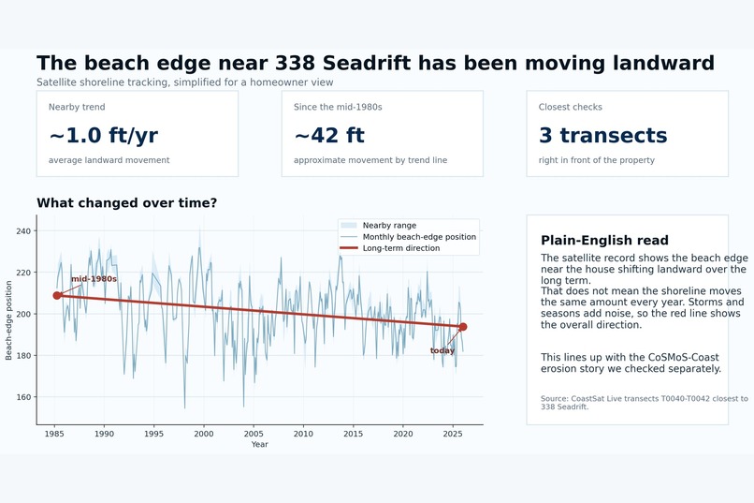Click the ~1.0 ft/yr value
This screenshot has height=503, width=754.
click(104, 135)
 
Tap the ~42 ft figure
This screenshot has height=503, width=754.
click(329, 135)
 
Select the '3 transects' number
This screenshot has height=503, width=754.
click(603, 135)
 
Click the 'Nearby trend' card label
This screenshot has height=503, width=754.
click(77, 107)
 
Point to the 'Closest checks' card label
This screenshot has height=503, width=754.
click(571, 107)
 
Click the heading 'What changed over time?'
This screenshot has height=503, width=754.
click(127, 202)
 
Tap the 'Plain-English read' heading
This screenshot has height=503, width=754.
click(604, 240)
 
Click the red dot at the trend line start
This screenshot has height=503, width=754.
click(57, 295)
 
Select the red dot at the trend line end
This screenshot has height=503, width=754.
click(462, 327)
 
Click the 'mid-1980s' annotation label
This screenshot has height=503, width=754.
click(94, 279)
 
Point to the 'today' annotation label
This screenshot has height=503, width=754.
click(442, 350)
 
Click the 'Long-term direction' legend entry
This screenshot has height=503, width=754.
click(390, 248)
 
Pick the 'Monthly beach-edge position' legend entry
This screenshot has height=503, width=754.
click(408, 237)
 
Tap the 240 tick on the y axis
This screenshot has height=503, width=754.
click(23, 231)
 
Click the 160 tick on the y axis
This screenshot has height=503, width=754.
click(23, 397)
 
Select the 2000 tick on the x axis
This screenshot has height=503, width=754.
click(204, 434)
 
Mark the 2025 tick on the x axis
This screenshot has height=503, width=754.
click(453, 434)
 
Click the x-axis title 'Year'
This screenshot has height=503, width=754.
click(260, 444)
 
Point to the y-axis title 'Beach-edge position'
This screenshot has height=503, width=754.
click(8, 320)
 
